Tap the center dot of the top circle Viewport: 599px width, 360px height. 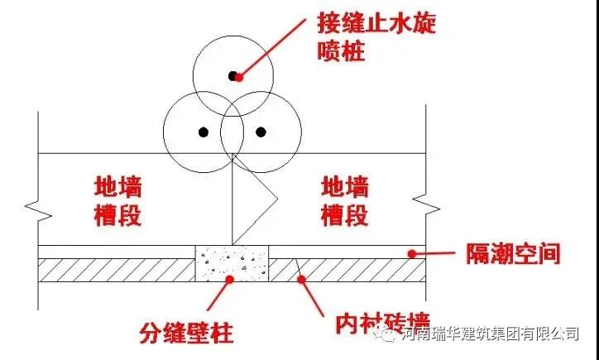[x=237, y=76]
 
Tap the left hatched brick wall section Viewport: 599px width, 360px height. [x=117, y=270]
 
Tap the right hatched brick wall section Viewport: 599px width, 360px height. [x=347, y=270]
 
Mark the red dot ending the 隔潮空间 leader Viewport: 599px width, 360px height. [x=411, y=252]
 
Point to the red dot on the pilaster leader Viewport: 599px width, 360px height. [x=230, y=281]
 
